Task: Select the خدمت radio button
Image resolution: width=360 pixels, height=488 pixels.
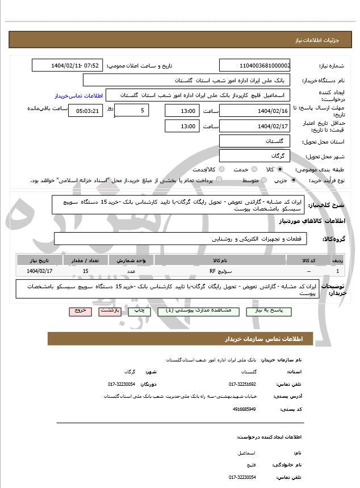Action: [x=253, y=169]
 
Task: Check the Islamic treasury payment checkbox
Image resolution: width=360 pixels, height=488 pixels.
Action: [x=219, y=180]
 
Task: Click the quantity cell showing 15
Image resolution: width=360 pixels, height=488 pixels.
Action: [x=85, y=272]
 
